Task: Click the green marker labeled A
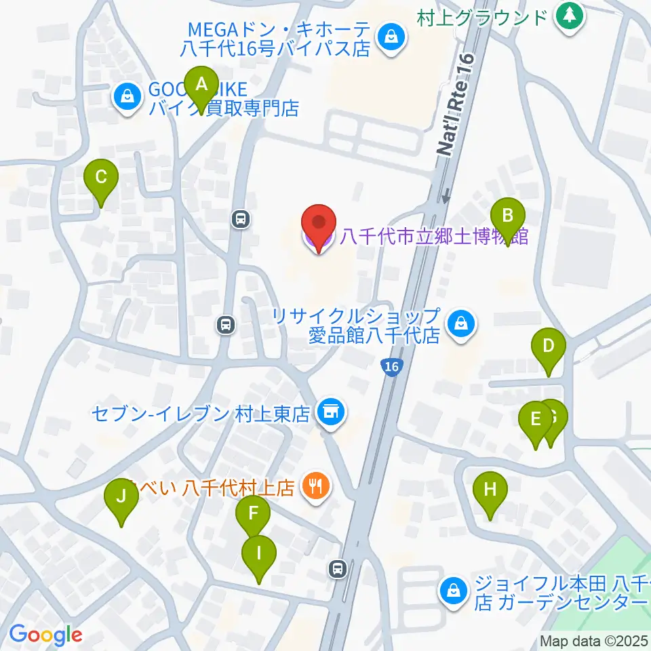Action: point(201,86)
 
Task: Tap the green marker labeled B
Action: point(507,218)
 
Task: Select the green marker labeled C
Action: point(101,179)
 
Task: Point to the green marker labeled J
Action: point(121,498)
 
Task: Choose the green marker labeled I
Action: point(258,555)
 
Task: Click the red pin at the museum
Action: point(318,223)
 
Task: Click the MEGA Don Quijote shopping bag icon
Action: point(391,37)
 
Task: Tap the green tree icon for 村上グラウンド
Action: point(569,16)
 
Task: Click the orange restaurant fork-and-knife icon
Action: point(315,486)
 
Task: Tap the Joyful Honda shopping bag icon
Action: point(453,591)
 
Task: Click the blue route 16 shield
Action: point(390,366)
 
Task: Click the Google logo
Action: point(45,635)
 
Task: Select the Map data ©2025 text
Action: point(594,641)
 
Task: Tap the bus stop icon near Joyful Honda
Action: point(338,569)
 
